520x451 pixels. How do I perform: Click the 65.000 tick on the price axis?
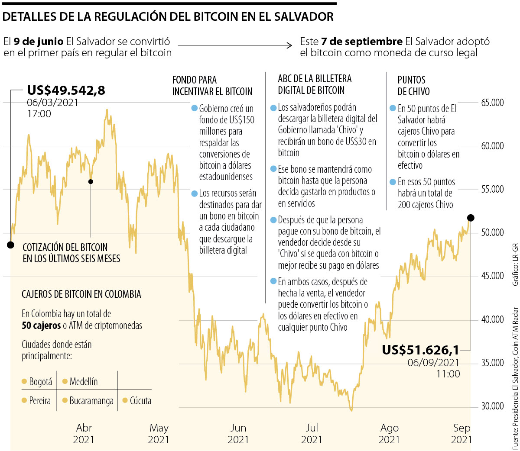[x=492, y=103]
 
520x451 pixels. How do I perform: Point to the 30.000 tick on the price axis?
[x=492, y=406]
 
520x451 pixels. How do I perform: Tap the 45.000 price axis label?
[x=492, y=276]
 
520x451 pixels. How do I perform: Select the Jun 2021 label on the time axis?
[x=238, y=434]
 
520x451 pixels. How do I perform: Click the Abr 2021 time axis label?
[x=84, y=434]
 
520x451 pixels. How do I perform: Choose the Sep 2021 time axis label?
[x=461, y=434]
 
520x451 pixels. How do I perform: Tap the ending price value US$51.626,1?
[x=420, y=349]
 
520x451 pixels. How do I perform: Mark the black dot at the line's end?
[x=471, y=218]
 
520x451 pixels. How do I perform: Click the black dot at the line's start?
[x=10, y=245]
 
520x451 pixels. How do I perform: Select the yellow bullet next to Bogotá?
[x=24, y=382]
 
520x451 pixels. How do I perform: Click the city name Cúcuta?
[x=140, y=401]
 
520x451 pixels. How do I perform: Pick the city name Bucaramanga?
[x=91, y=401]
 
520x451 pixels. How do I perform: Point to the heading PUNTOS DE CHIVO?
[x=413, y=86]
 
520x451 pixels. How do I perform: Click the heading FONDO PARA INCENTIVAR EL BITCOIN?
[x=212, y=86]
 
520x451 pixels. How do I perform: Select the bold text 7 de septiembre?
[x=362, y=42]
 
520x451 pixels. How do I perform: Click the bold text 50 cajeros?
[x=41, y=325]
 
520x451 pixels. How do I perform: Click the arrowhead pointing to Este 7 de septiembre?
[x=289, y=45]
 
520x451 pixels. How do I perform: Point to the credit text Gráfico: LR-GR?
[x=515, y=264]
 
